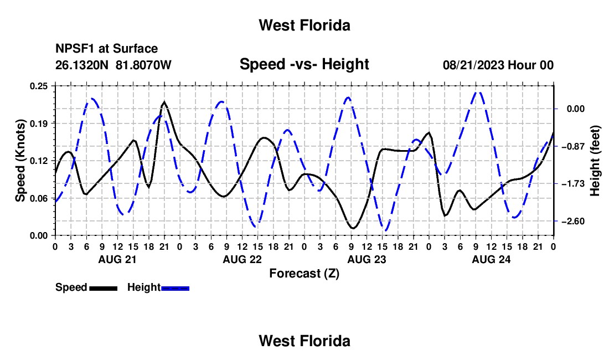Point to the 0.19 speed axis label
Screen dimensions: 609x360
click(39, 124)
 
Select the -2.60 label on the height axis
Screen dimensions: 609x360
click(573, 222)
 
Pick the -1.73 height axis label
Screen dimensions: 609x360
click(573, 184)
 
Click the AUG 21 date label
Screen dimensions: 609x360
click(117, 259)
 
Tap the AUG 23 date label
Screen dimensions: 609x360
click(367, 259)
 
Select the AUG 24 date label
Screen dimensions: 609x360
click(491, 259)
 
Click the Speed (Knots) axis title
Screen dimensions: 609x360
click(20, 161)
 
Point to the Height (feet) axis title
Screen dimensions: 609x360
click(595, 161)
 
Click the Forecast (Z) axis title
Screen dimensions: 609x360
click(304, 274)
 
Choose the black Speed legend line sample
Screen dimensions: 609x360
click(104, 289)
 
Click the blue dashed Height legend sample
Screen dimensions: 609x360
click(175, 289)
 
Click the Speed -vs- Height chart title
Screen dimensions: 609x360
click(304, 64)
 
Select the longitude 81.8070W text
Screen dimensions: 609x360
click(143, 65)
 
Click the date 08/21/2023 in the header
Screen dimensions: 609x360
click(473, 65)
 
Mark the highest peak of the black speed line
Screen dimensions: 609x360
click(164, 102)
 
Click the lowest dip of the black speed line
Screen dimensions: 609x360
click(353, 228)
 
